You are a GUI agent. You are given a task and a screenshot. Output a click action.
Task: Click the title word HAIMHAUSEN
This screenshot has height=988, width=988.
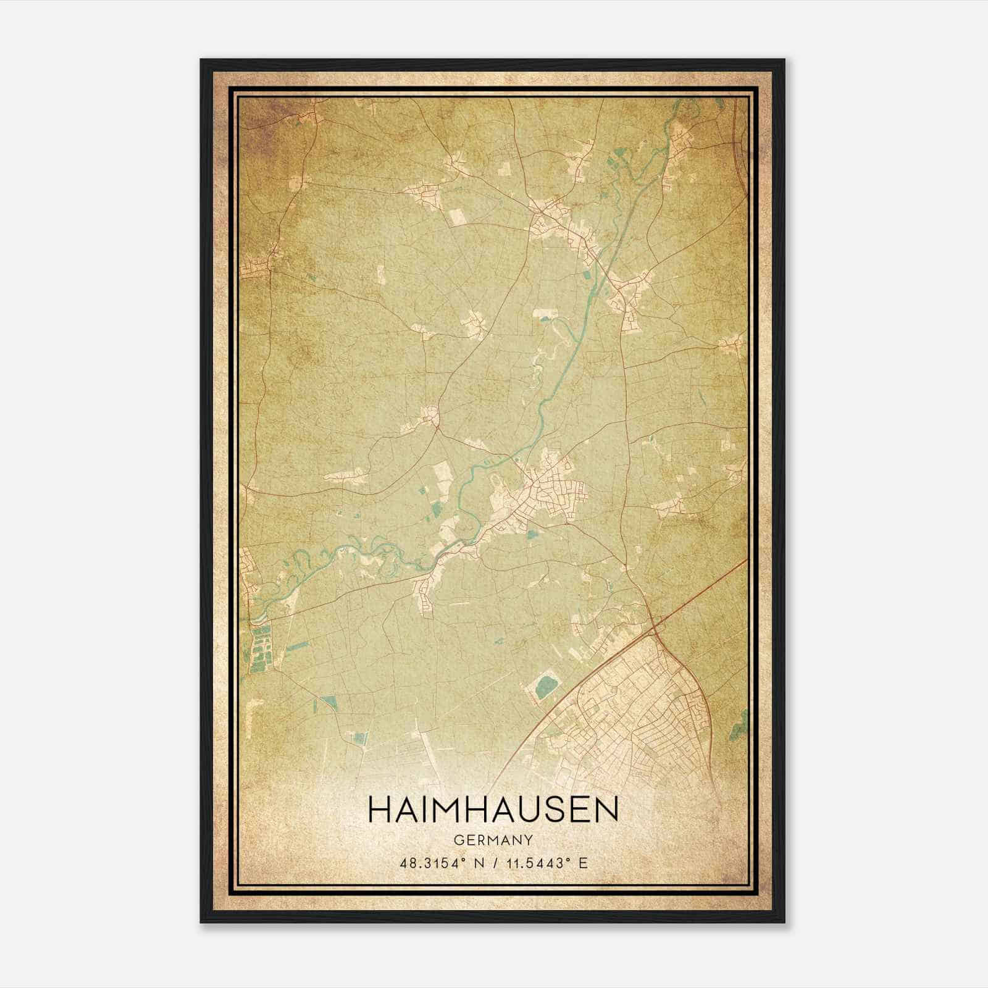click(x=493, y=810)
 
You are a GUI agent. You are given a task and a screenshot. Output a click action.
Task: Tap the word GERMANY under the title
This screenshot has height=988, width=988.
click(x=493, y=840)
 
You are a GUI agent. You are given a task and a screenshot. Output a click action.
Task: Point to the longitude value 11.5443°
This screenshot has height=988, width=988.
click(x=535, y=863)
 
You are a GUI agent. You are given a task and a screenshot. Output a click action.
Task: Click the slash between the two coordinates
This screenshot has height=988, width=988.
click(x=492, y=863)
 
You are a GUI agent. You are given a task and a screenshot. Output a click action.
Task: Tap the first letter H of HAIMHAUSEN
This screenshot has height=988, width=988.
click(x=379, y=810)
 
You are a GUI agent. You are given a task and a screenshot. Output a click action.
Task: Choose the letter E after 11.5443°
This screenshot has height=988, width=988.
click(x=583, y=863)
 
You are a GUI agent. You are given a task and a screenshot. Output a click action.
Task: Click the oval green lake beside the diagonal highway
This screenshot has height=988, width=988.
click(x=545, y=687)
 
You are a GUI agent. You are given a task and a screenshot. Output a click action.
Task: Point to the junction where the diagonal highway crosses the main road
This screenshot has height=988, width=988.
click(x=653, y=629)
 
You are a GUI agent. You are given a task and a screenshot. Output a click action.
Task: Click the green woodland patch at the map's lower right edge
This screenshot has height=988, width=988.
click(x=738, y=726)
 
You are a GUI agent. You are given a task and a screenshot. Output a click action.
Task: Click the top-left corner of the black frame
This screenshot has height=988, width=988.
click(x=202, y=61)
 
